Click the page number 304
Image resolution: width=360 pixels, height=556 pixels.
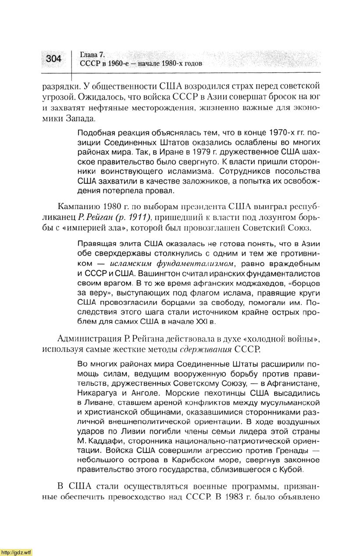53,58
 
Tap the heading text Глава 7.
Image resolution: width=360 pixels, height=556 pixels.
92,55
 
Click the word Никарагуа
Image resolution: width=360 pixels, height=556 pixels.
96,392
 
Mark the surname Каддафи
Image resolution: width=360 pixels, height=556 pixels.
107,441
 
